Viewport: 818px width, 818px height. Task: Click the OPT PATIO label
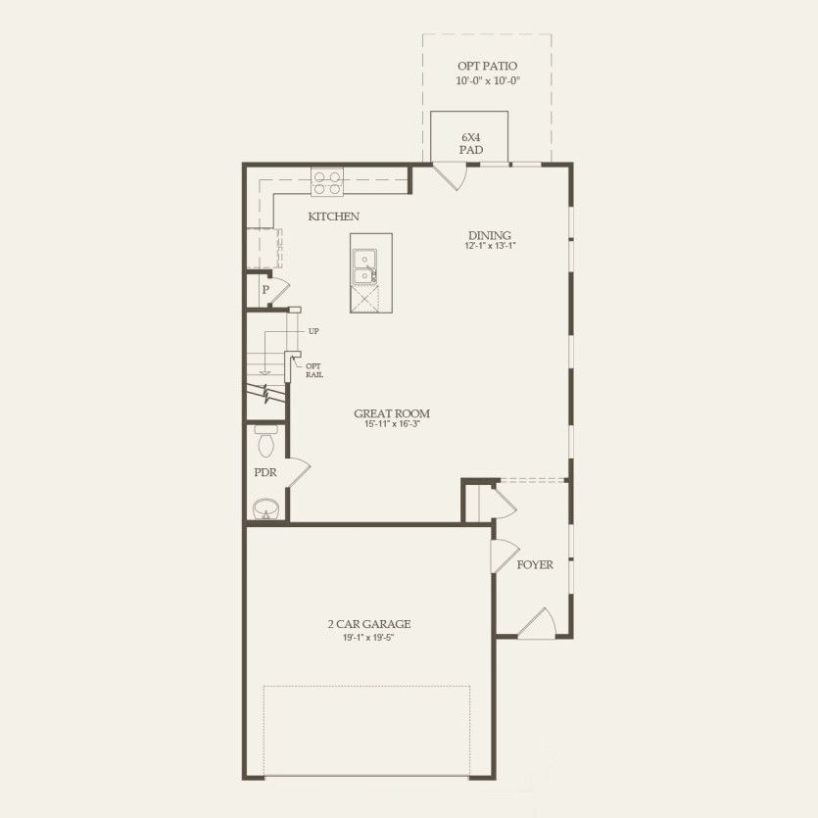[487, 66]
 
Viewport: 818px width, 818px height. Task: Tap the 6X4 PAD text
[470, 144]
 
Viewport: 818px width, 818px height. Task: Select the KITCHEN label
[333, 217]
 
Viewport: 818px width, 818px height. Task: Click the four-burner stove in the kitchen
[328, 182]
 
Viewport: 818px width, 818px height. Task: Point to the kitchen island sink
[364, 261]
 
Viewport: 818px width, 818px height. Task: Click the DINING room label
[489, 235]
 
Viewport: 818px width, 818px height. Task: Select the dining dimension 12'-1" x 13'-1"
[489, 247]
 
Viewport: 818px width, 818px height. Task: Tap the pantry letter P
[265, 291]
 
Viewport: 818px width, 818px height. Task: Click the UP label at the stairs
[313, 331]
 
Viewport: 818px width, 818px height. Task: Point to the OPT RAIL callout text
[314, 370]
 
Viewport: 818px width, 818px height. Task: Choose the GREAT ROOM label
[392, 413]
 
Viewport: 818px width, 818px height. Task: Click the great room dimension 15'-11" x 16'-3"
[392, 425]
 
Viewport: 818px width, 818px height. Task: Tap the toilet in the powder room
[265, 442]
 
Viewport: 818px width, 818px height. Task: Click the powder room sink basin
[265, 508]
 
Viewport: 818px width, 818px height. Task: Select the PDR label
[265, 473]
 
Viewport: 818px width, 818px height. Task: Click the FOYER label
[535, 565]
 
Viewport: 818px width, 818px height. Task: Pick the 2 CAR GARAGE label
[368, 624]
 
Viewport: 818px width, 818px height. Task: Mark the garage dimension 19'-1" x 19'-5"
[368, 637]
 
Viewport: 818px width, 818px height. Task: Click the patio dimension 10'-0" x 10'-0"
[487, 80]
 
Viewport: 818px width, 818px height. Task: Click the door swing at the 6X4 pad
[450, 176]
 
